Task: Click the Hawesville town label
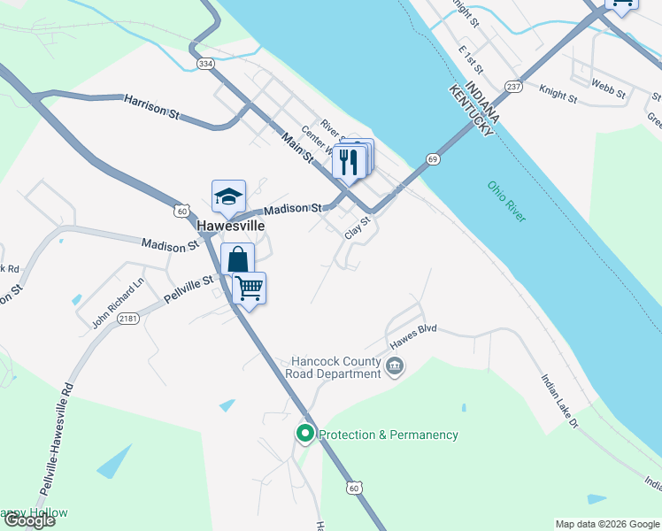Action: point(228,226)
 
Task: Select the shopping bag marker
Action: point(238,260)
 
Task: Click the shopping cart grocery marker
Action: point(250,287)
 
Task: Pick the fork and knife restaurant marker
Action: point(349,161)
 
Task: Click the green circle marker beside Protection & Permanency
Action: point(305,434)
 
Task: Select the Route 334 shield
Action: point(206,64)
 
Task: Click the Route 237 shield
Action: point(513,86)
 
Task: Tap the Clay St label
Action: point(357,227)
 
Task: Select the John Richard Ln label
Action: point(117,304)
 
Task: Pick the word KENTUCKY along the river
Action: point(471,112)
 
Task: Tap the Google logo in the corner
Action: point(29,520)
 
